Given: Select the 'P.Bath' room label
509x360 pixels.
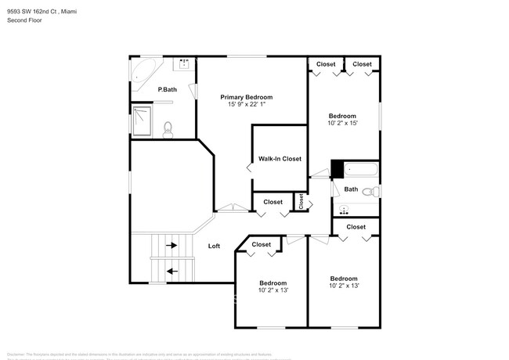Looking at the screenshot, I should pos(167,90).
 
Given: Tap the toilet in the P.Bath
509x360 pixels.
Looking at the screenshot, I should pos(167,128).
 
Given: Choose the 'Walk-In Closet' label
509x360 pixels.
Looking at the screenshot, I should pos(280,159).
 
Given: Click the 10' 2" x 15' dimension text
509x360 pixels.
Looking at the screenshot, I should pos(342,124).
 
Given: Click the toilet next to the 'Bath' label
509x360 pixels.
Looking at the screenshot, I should pos(374,190).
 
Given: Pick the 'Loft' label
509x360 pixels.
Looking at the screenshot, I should pos(214,246).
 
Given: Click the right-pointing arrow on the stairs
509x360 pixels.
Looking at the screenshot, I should pos(171,245).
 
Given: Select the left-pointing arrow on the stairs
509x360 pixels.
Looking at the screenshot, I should pos(171,272).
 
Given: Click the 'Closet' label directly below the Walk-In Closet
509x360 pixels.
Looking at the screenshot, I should pos(273,202).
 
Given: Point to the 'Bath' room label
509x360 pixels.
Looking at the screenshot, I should pos(351,189).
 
